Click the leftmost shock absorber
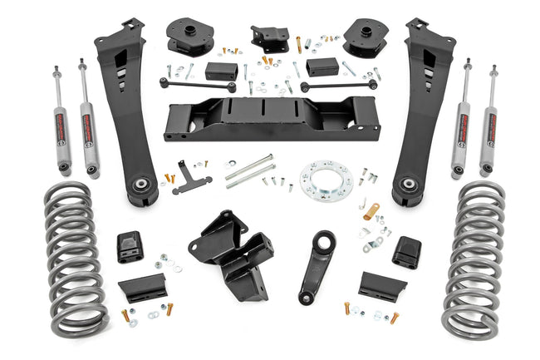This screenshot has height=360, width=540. [62, 121]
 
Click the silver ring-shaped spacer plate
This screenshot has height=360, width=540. [326, 179]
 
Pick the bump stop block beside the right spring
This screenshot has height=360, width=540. [407, 252]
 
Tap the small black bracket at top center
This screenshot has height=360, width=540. [270, 38]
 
